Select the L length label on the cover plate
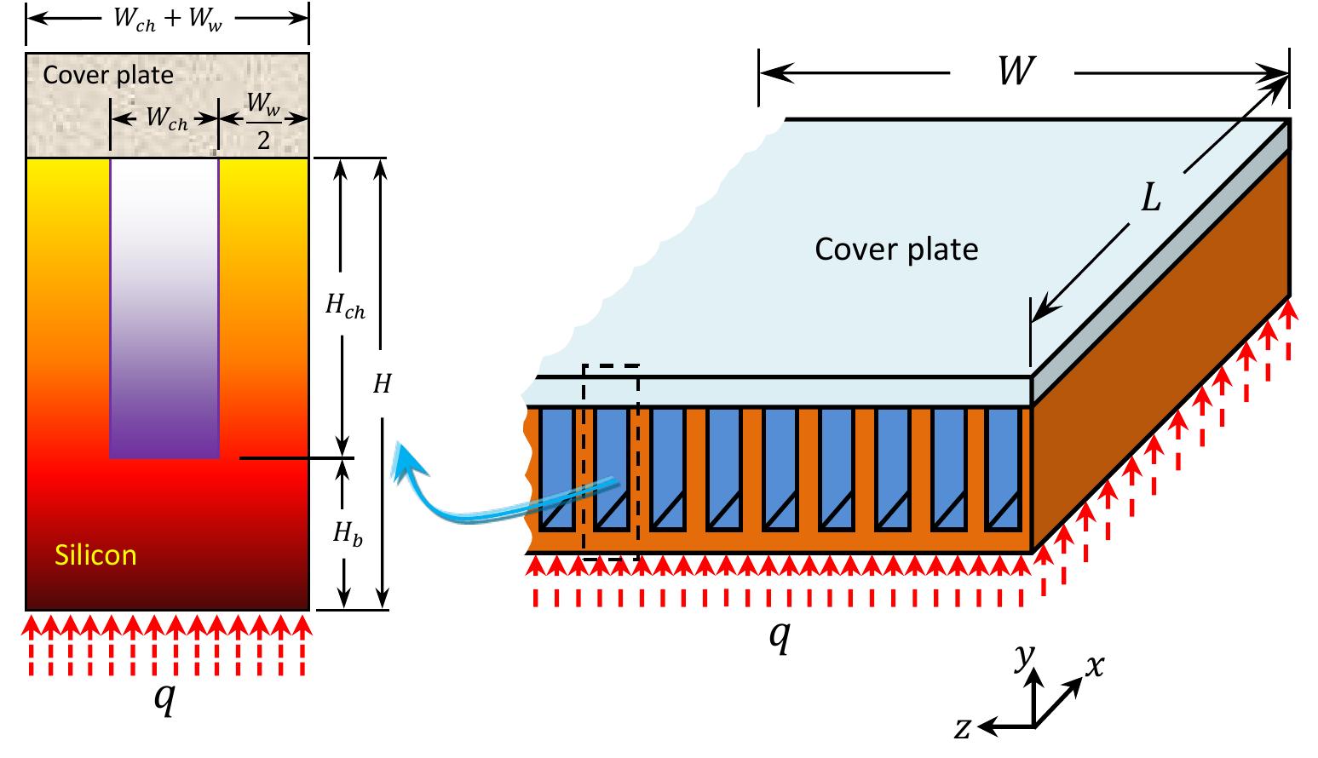[x=1150, y=199]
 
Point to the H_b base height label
[x=345, y=534]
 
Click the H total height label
[x=383, y=384]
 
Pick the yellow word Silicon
[x=95, y=555]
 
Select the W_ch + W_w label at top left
[x=167, y=19]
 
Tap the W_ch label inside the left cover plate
[x=166, y=120]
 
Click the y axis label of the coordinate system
[x=1025, y=657]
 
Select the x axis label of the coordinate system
[x=1093, y=665]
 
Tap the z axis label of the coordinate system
[x=963, y=728]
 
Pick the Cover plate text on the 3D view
[x=896, y=250]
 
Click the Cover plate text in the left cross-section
[x=108, y=75]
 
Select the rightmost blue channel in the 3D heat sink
[x=1002, y=468]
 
